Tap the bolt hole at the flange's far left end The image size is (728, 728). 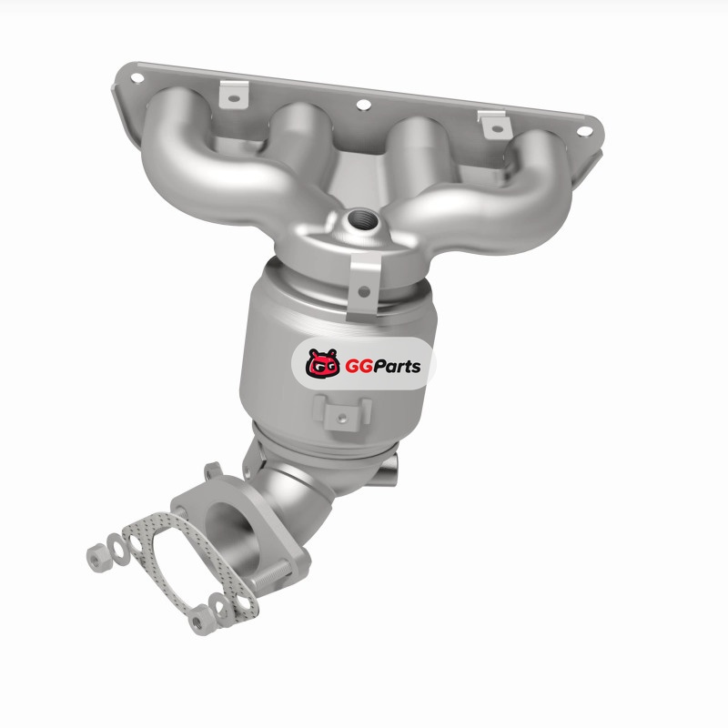point(137,78)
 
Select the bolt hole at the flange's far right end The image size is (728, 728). point(584,131)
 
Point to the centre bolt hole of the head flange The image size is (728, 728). point(363,105)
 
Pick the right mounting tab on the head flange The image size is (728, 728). point(495,125)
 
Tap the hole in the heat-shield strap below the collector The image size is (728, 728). point(364,291)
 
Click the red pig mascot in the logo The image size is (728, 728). point(323,363)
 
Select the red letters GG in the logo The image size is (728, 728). point(359,367)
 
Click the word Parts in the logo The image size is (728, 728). point(397,367)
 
